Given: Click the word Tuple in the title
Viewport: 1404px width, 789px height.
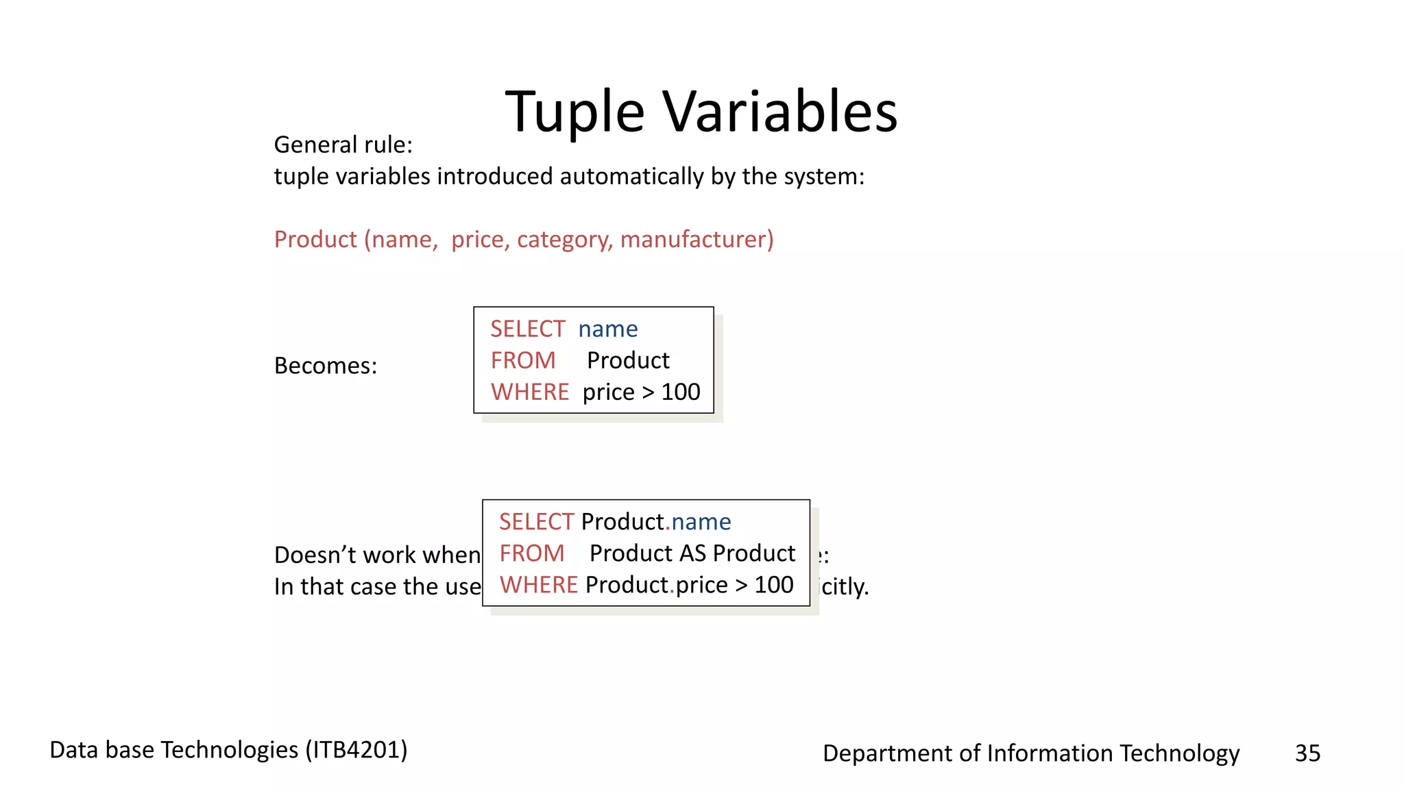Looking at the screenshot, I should (x=574, y=112).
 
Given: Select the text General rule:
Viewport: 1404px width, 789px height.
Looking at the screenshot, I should (x=343, y=145).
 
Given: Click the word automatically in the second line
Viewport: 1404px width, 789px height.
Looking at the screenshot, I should (x=631, y=177).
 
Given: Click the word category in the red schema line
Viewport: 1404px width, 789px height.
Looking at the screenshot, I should (x=564, y=240).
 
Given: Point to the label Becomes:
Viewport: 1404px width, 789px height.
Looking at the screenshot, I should (x=326, y=366).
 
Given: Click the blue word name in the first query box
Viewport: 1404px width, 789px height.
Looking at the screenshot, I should (x=607, y=329).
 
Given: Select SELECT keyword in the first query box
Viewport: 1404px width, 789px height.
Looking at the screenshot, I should (x=527, y=329).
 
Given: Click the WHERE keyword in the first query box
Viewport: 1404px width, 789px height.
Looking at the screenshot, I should (x=529, y=392).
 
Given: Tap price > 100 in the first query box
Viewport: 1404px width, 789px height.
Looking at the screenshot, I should (x=641, y=392).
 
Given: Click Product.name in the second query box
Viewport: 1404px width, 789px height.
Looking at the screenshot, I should (x=655, y=522).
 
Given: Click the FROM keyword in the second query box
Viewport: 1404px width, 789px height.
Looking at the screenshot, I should (x=531, y=553).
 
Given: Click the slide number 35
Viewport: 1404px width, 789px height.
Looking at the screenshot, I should (x=1307, y=753).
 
